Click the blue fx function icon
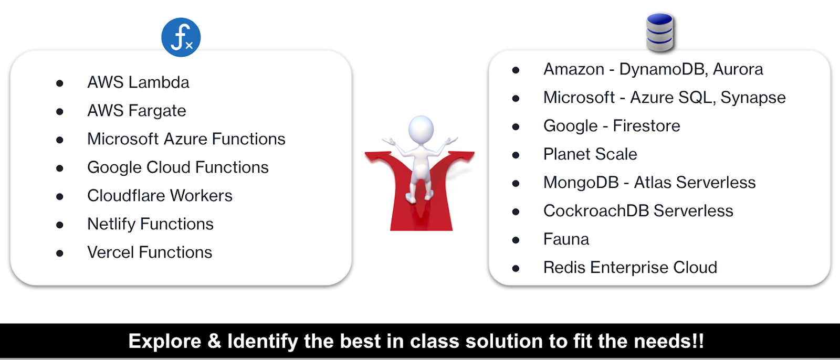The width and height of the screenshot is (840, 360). (x=181, y=37)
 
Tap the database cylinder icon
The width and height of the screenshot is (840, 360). (x=660, y=32)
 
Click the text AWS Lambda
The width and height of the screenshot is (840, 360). (x=138, y=82)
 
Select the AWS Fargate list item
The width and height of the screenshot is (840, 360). (x=136, y=111)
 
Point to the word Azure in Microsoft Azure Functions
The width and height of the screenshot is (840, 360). (x=185, y=139)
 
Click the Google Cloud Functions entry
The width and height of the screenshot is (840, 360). (x=178, y=167)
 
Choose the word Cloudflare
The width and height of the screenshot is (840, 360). (x=126, y=195)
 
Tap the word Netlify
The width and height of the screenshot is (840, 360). (x=111, y=224)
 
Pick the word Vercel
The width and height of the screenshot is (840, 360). (x=111, y=252)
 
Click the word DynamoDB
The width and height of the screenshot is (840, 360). (x=664, y=69)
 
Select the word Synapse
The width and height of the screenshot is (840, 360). (x=753, y=98)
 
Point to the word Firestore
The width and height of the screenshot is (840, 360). (x=646, y=125)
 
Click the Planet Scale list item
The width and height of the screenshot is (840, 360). (x=590, y=154)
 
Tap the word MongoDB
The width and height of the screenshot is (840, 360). (x=581, y=182)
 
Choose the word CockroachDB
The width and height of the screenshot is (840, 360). (x=596, y=211)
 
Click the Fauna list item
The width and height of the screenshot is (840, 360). (x=566, y=239)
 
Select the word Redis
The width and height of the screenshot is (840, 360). (x=564, y=267)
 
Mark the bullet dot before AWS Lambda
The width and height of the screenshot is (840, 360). (x=60, y=83)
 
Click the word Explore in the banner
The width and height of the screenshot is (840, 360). (x=165, y=341)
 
